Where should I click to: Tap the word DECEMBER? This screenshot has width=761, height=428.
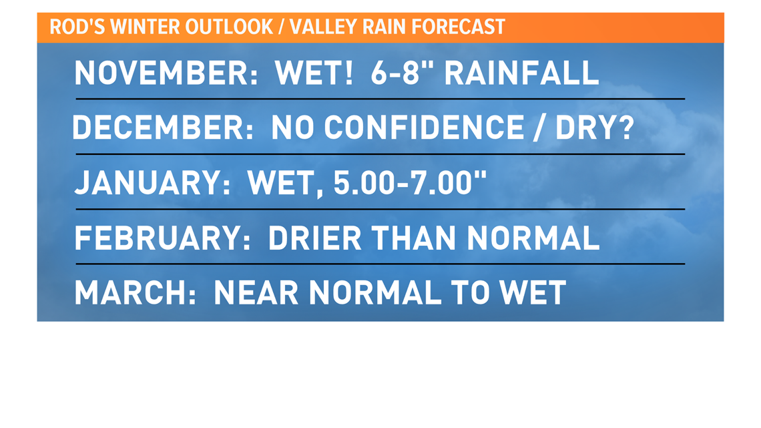point(163,128)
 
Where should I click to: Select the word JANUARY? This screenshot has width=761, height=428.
point(152,183)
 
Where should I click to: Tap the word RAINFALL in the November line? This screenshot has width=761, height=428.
point(522,73)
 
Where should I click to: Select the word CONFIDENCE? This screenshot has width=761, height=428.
point(424,128)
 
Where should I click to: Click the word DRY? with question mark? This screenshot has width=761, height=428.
point(595,128)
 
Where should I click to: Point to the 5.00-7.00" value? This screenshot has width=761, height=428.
point(410,183)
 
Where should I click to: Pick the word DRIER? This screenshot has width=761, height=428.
point(314,238)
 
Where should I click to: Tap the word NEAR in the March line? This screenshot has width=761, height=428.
point(256,293)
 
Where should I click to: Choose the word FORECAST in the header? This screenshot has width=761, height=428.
point(458,27)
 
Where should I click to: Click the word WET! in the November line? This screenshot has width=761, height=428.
point(314,73)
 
